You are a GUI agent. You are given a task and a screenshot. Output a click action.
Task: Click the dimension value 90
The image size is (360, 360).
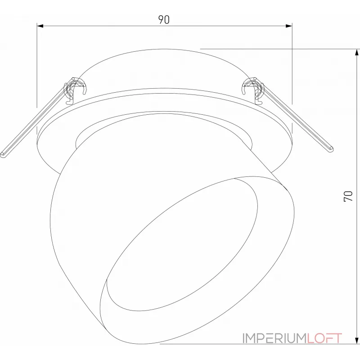click(x=164, y=19)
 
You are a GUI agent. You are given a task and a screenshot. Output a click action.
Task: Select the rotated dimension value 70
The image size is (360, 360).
click(x=348, y=196)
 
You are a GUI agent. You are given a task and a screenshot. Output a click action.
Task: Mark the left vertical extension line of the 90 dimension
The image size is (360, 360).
click(x=37, y=67)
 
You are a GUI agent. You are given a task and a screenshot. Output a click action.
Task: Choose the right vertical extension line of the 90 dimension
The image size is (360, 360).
click(x=292, y=67)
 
